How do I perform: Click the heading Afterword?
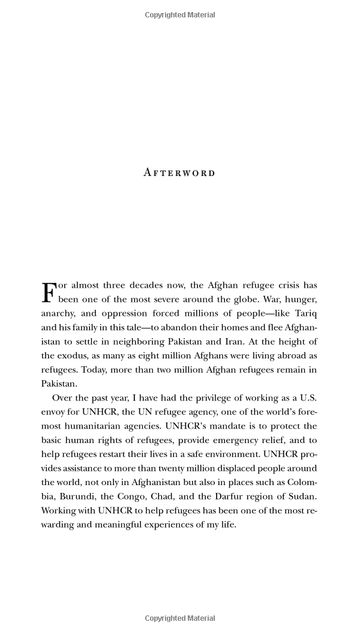coord(179,173)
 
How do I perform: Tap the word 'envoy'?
coord(53,412)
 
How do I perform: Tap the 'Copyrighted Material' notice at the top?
coord(179,15)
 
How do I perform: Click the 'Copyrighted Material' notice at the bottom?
coord(179,618)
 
